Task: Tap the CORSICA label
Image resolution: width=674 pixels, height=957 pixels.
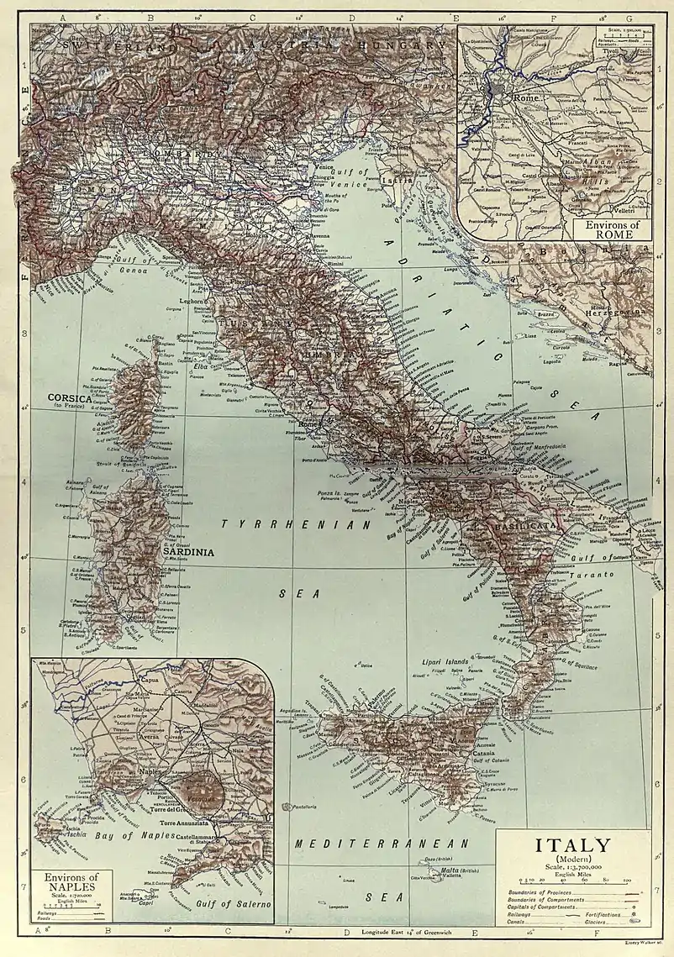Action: [75, 397]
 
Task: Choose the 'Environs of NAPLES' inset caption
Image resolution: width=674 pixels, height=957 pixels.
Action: [72, 881]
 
